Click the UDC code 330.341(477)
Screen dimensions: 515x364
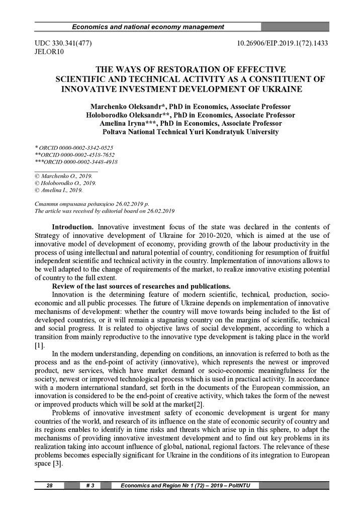(63, 44)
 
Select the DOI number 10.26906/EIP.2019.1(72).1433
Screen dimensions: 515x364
(283, 44)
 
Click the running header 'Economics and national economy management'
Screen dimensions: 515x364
(148, 27)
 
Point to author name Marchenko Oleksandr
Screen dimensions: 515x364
(125, 107)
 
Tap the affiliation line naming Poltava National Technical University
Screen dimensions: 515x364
(190, 132)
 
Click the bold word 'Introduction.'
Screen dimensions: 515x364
(73, 227)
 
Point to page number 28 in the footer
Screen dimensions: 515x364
(50, 485)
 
